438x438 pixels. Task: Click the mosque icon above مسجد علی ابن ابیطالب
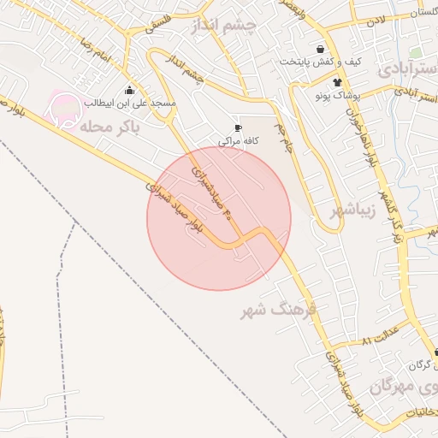tap(129, 90)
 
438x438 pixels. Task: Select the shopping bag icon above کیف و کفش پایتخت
tap(320, 49)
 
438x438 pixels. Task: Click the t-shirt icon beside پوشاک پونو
tap(337, 83)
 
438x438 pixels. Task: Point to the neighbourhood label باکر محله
tap(107, 127)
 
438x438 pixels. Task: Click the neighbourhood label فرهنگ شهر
tap(278, 309)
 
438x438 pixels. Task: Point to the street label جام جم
tap(284, 134)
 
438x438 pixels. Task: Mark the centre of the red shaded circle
tap(219, 218)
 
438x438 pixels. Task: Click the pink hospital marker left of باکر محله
tap(62, 109)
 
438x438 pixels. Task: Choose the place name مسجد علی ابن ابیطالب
tap(129, 104)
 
